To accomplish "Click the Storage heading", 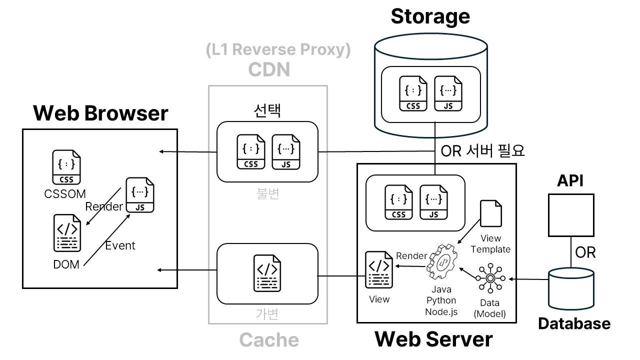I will (430, 16).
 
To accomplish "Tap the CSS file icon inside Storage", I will (413, 93).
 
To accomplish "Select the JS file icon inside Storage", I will (448, 93).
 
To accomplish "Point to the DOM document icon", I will (67, 232).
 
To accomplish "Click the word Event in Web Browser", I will (120, 245).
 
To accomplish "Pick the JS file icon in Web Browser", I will (139, 195).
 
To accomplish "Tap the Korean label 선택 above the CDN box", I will (267, 110).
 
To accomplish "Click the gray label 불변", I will (267, 193).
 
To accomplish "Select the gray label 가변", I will (267, 313).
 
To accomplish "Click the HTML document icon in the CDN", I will (267, 272).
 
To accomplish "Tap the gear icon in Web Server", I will (442, 263).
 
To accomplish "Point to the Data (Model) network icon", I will (490, 278).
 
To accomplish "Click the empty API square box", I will (570, 215).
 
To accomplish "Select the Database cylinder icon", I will (571, 289).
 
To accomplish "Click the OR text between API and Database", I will (585, 252).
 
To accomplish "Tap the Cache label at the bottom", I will (269, 340).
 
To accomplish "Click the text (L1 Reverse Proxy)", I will (278, 50).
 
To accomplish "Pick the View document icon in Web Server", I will (378, 270).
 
